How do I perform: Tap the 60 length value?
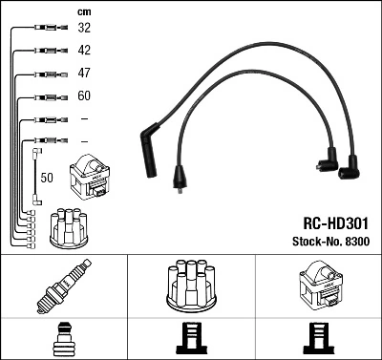coord(85,96)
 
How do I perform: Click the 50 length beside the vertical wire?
coord(47,178)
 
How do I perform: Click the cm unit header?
coord(83,11)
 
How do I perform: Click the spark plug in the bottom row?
coord(63,287)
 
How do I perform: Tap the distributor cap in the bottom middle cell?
coord(190,286)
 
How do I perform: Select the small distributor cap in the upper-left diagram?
coord(69,225)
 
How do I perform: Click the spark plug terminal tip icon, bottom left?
coord(63,338)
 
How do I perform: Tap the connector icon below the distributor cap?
coord(190,339)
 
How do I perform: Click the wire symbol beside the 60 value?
coord(46,96)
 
